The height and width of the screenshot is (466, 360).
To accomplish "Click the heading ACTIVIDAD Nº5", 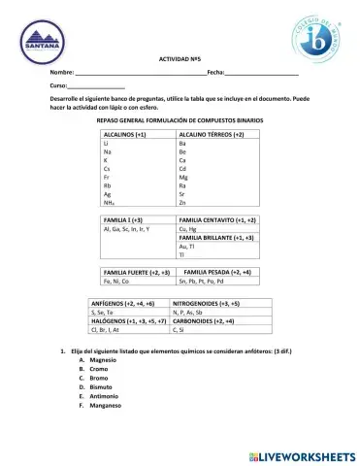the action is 179,61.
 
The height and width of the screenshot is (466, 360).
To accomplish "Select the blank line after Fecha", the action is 261,75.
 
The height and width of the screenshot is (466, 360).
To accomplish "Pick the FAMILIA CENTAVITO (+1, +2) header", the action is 217,220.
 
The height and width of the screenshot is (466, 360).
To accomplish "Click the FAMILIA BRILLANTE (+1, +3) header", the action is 216,237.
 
